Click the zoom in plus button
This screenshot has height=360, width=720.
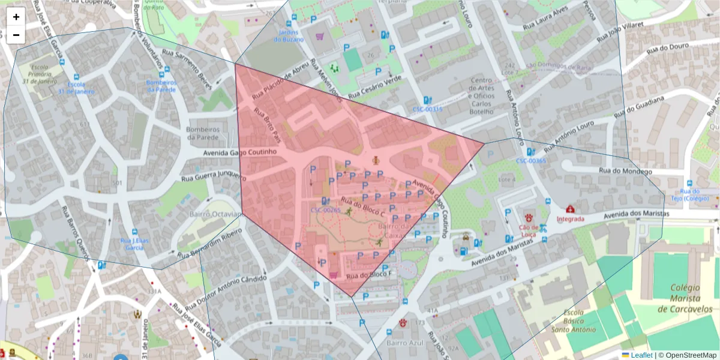pos(16,17)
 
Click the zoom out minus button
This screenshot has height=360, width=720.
pos(16,35)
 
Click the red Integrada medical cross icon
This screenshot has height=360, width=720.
pos(570,209)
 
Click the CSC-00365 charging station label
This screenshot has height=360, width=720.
pos(530,161)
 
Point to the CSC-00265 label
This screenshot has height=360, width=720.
pos(325,210)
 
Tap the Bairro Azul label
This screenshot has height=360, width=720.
pos(405,343)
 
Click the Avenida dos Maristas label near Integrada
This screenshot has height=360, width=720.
pos(638,214)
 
